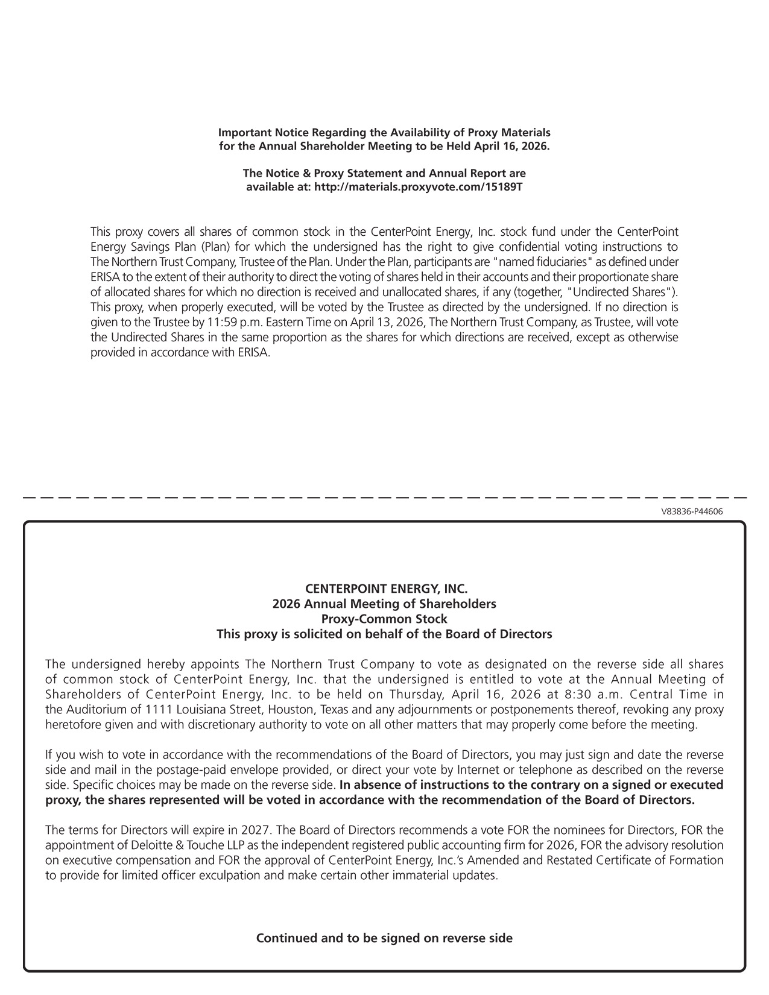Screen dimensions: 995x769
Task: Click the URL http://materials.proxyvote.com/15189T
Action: point(419,187)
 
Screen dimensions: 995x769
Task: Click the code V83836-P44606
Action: point(692,512)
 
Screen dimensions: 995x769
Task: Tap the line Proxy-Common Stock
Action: point(384,619)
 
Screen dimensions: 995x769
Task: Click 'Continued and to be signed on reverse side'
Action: point(384,938)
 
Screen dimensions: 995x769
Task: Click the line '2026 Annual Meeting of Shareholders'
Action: point(384,604)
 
